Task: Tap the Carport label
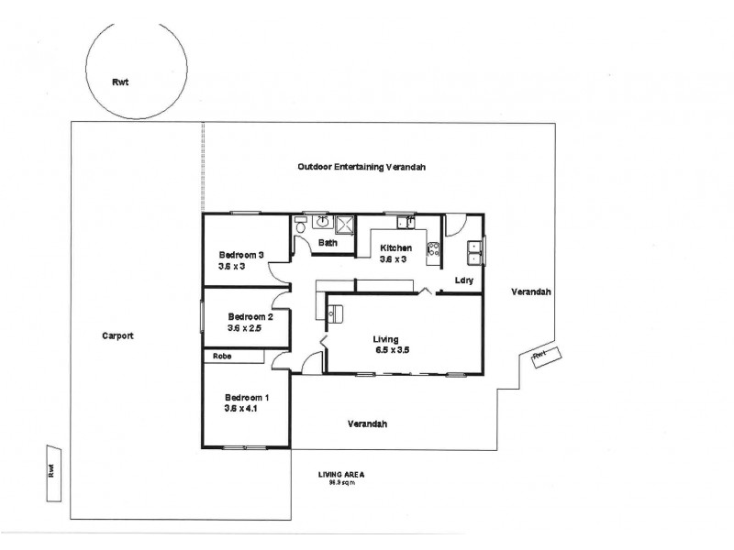click(x=118, y=335)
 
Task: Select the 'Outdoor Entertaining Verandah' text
click(x=361, y=167)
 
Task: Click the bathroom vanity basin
click(x=322, y=221)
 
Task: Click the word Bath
click(x=328, y=243)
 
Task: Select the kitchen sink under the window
click(x=406, y=221)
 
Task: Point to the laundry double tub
click(x=475, y=246)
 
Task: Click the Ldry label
click(x=463, y=280)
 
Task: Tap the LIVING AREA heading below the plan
click(x=341, y=474)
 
